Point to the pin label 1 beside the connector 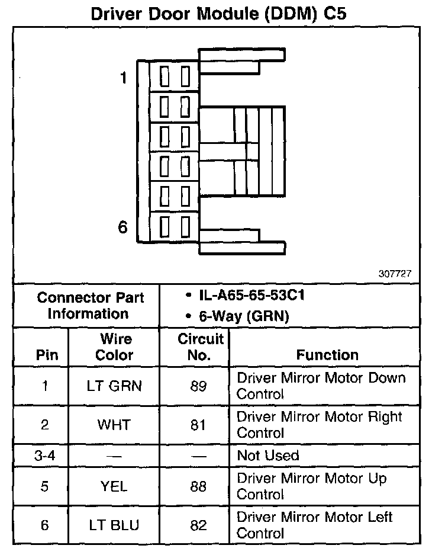tap(124, 78)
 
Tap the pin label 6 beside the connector tap(123, 226)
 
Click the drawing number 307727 tap(395, 274)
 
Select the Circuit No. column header tap(201, 347)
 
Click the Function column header tap(327, 355)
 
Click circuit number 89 tap(199, 386)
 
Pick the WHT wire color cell tap(114, 425)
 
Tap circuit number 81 tap(199, 425)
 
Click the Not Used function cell tap(268, 456)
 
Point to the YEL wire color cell tap(114, 486)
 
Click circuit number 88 tap(199, 486)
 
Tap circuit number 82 tap(199, 525)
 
